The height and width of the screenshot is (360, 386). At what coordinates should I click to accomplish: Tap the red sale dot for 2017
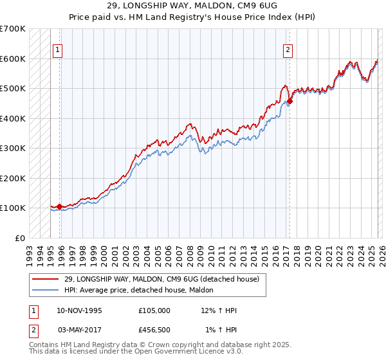coord(289,101)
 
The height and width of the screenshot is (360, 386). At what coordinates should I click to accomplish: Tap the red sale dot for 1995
coord(59,206)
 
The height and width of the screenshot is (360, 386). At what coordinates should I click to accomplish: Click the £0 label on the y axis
coord(20,238)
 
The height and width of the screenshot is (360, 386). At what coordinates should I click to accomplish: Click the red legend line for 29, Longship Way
coord(44,279)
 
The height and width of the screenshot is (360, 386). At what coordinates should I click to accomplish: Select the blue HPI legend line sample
coord(44,290)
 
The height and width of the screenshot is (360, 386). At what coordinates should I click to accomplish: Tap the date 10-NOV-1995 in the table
coord(80,310)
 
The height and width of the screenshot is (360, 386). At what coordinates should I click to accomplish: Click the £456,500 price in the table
coord(154,330)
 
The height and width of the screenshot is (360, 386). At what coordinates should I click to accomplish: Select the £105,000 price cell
coord(154,310)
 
